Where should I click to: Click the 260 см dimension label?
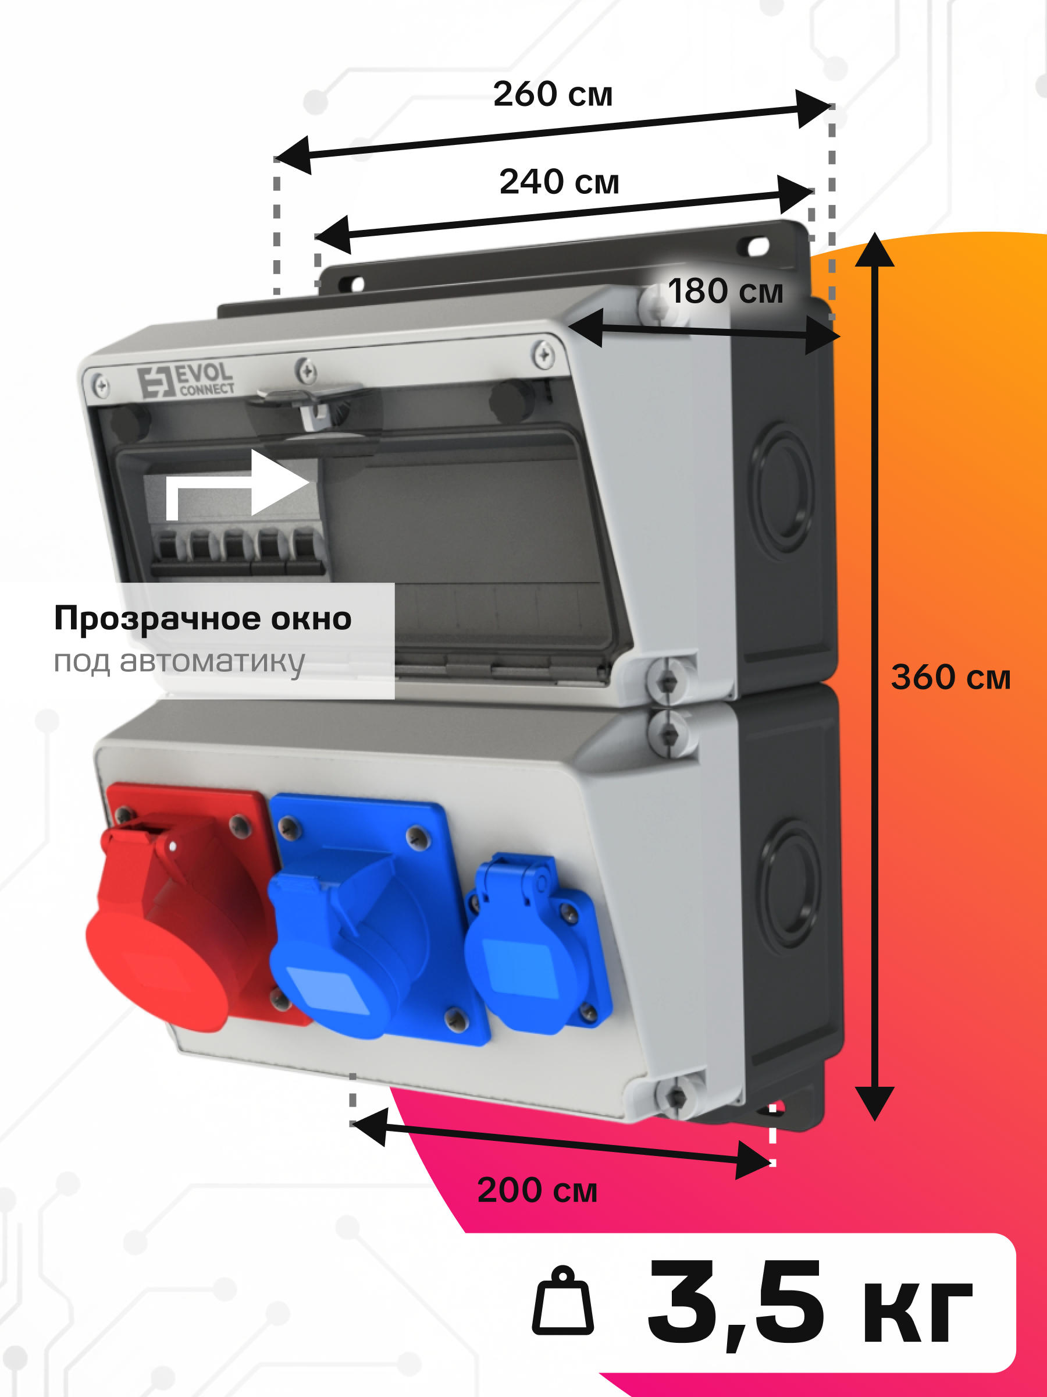coord(553,94)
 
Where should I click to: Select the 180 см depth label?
coord(726,291)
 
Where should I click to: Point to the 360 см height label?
coord(950,677)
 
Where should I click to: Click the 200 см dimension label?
coord(537,1190)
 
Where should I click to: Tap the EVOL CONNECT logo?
coord(186,380)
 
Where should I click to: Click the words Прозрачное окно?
coord(202,619)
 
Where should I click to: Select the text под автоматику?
coord(179,662)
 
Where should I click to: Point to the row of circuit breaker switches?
coord(237,551)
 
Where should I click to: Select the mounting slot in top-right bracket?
coord(757,246)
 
